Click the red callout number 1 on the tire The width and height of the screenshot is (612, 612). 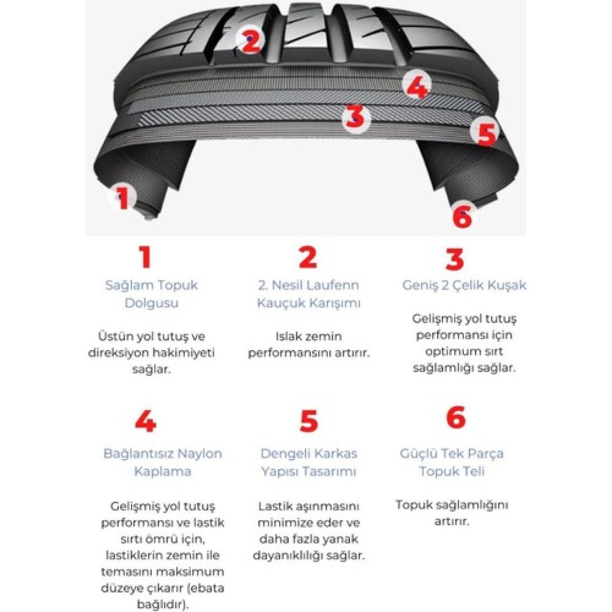tap(123, 199)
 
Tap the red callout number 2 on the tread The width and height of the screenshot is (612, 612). tap(251, 41)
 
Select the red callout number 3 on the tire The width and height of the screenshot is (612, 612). tap(355, 116)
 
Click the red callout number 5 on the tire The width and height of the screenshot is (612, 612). tap(487, 134)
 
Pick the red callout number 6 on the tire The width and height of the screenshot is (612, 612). tap(462, 216)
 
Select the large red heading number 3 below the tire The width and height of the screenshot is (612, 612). tap(454, 259)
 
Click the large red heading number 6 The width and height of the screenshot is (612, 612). tap(456, 418)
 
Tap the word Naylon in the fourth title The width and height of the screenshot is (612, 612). tap(200, 454)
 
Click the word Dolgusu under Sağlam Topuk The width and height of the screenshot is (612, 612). tap(151, 303)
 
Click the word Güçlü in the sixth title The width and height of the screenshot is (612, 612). tap(417, 454)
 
